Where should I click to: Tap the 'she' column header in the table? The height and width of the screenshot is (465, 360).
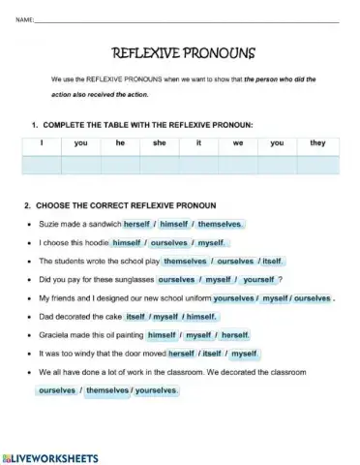click(160, 142)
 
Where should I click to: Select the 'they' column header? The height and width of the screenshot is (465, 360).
click(317, 142)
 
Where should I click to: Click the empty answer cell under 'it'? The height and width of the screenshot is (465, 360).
click(198, 164)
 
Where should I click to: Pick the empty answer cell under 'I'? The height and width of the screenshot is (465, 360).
click(42, 164)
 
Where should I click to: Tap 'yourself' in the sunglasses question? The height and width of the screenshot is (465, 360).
click(259, 279)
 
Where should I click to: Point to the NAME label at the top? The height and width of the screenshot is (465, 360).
click(25, 19)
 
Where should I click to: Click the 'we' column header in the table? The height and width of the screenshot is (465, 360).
click(238, 142)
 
